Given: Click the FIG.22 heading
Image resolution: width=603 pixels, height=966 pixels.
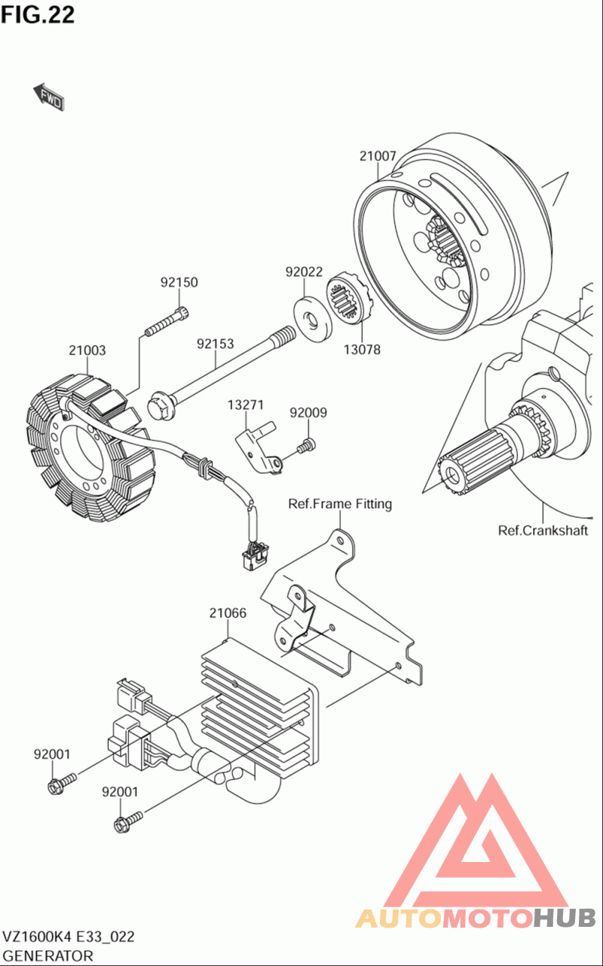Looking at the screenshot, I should tap(38, 14).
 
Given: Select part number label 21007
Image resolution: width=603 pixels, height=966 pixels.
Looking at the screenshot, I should tap(378, 156).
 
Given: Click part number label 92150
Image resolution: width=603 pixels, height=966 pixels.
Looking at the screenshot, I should tap(179, 283).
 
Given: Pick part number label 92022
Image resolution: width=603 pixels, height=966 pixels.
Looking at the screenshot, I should tap(304, 271).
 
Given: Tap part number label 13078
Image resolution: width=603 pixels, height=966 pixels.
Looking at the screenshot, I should tap(363, 350).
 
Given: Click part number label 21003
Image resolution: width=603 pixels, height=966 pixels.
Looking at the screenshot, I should tap(87, 350).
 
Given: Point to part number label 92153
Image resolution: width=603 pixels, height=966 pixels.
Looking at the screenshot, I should tap(216, 344).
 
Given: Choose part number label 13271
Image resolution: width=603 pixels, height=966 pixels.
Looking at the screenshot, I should tap(246, 405).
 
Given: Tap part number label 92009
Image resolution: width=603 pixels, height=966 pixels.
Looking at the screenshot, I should tap(308, 413).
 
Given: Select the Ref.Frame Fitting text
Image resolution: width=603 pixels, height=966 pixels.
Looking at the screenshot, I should tap(340, 503).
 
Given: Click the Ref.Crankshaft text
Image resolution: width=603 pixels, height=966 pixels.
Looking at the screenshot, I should tap(543, 530).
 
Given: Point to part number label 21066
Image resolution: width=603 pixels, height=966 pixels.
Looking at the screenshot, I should tap(228, 613).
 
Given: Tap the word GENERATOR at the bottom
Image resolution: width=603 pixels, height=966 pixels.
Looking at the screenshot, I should tap(48, 955).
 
